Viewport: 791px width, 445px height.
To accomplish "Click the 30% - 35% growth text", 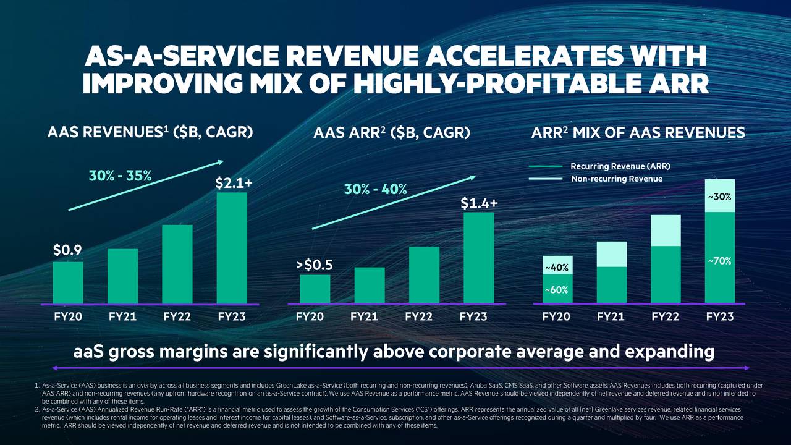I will pos(121,175).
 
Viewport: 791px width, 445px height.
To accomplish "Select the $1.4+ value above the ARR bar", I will pos(479,203).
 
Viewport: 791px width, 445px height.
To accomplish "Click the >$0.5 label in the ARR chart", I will pos(315,265).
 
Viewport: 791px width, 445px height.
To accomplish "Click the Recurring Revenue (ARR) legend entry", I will pos(620,166).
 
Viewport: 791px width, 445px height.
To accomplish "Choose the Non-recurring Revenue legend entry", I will pos(616,179).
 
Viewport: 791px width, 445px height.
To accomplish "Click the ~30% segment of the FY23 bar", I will pos(720,197).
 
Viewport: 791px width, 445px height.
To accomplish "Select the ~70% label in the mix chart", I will pos(720,261).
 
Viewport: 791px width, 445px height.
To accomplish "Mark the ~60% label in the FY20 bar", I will pos(557,289).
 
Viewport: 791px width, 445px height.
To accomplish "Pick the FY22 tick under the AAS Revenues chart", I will pos(177,316).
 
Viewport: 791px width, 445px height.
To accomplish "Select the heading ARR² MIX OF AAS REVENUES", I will pos(638,132).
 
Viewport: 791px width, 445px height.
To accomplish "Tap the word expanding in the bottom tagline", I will pos(670,352).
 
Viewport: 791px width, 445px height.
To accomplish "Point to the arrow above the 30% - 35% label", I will pos(146,185).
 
